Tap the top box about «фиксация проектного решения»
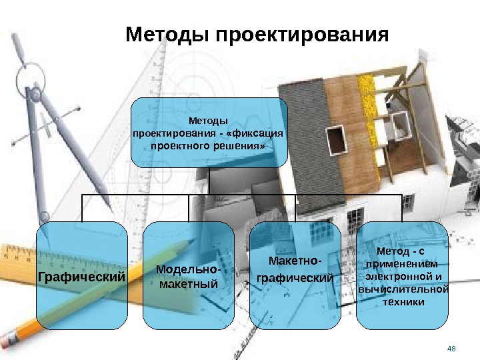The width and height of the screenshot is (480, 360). (x=209, y=133)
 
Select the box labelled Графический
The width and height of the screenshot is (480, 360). (x=82, y=275)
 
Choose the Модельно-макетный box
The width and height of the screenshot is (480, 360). (x=189, y=275)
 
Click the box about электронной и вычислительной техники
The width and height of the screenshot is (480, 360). (x=402, y=275)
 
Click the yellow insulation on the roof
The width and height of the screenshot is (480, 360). (x=367, y=87)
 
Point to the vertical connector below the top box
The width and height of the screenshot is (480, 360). (x=209, y=181)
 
